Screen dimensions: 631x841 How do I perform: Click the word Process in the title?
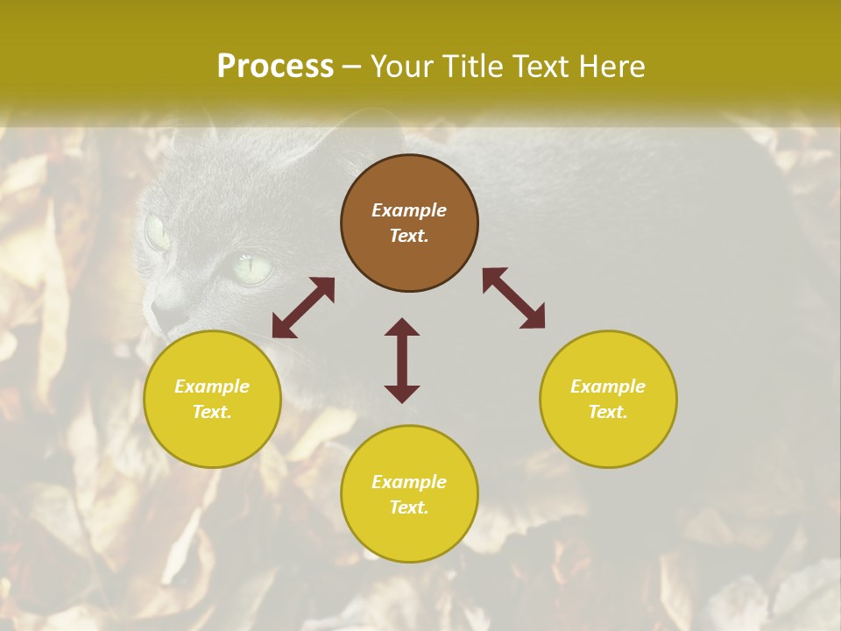click(x=275, y=66)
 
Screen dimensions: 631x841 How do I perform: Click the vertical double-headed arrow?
click(x=402, y=360)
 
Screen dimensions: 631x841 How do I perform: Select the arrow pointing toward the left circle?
click(x=303, y=308)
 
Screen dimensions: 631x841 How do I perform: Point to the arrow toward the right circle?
click(x=513, y=298)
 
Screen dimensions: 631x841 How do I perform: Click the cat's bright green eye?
click(x=252, y=267)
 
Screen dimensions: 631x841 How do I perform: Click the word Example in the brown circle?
click(x=409, y=210)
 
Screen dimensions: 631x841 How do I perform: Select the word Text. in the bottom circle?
click(x=409, y=507)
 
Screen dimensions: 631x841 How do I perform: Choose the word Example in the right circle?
click(x=608, y=386)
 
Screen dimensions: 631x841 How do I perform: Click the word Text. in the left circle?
click(x=212, y=412)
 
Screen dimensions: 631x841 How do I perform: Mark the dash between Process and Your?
click(x=351, y=67)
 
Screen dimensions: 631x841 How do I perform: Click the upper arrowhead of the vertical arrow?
click(x=402, y=327)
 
